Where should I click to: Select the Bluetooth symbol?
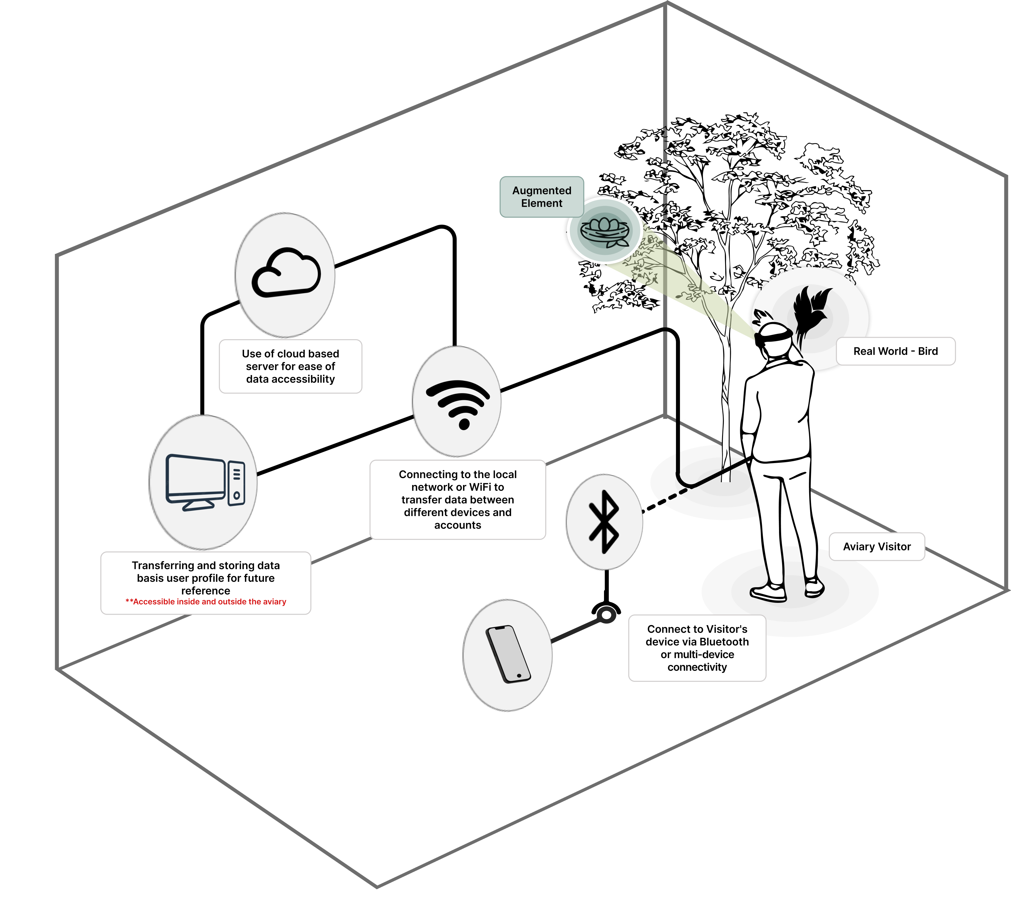tap(604, 522)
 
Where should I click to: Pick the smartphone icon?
tap(508, 654)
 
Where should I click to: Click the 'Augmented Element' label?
tap(542, 197)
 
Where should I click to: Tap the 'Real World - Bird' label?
tap(896, 351)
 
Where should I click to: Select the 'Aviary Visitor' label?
tap(877, 547)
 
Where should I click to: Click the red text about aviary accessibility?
tap(206, 602)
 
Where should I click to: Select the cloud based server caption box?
tap(290, 366)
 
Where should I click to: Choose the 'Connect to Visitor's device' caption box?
tap(697, 648)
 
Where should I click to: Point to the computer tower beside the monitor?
tap(236, 483)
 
